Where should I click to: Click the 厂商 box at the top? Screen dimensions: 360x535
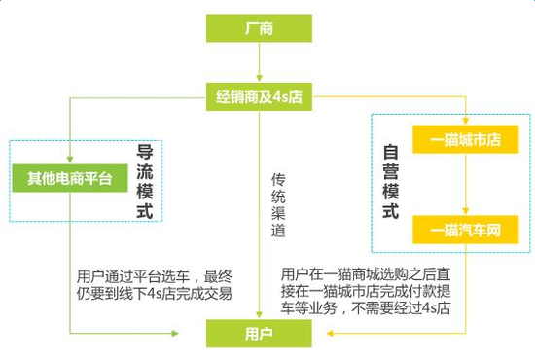click(x=259, y=28)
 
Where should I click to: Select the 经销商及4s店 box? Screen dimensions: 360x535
click(x=259, y=96)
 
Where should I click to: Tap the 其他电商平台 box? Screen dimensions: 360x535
click(x=69, y=178)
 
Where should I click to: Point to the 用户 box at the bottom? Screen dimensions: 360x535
click(x=259, y=335)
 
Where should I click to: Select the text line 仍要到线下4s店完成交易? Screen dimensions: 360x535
click(x=156, y=291)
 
